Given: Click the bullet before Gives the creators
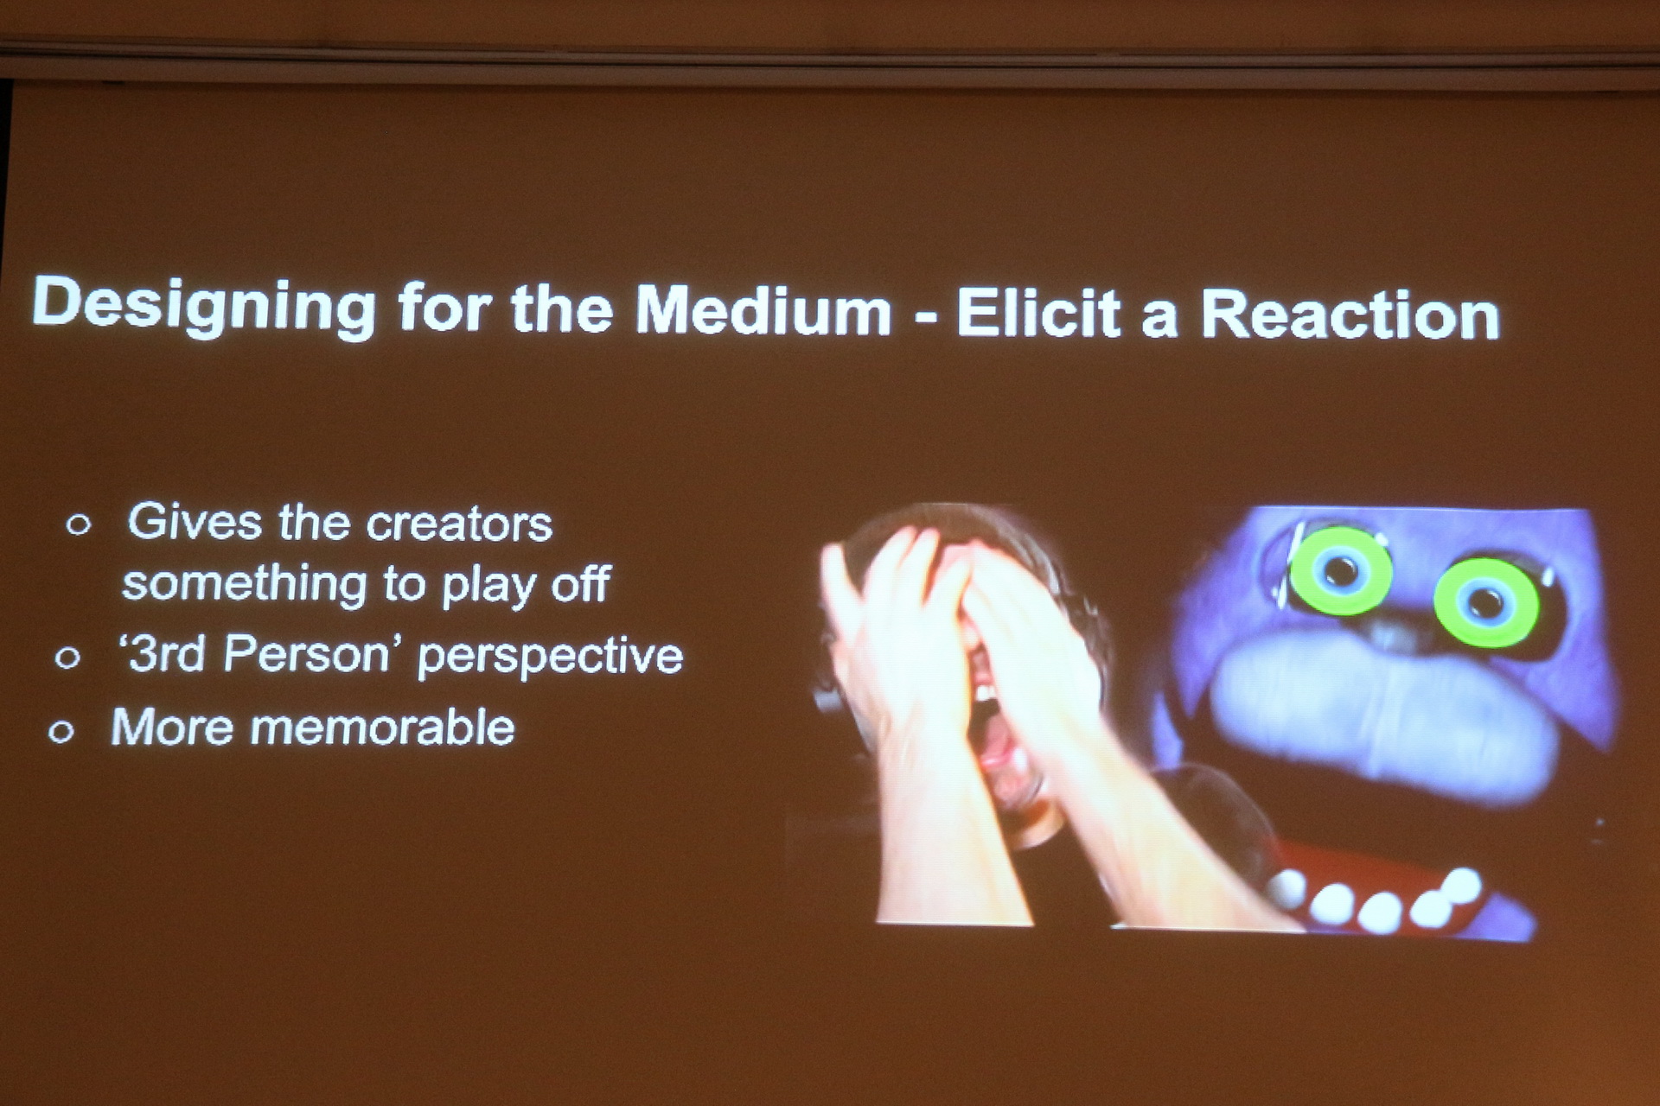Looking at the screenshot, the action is coord(79,524).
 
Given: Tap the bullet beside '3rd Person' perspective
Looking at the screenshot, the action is coord(67,658).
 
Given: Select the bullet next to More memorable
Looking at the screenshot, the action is coord(61,732).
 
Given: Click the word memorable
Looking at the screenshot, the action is coord(383,727).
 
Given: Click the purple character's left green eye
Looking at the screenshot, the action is coord(1340,570).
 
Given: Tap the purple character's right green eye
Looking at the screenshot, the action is coord(1486,602).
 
